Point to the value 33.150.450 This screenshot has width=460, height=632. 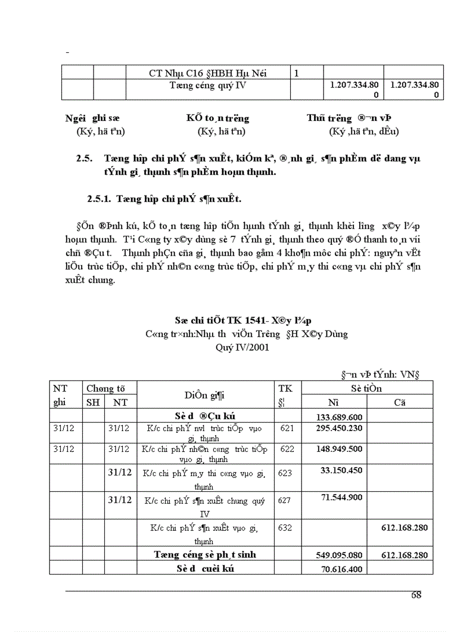coord(341,470)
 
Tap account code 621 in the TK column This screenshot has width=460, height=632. coord(287,429)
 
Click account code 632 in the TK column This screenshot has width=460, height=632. coord(285,528)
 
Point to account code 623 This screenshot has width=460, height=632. coord(285,473)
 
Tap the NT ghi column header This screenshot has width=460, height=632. coord(60,395)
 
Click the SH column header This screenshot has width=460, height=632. coord(92,402)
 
